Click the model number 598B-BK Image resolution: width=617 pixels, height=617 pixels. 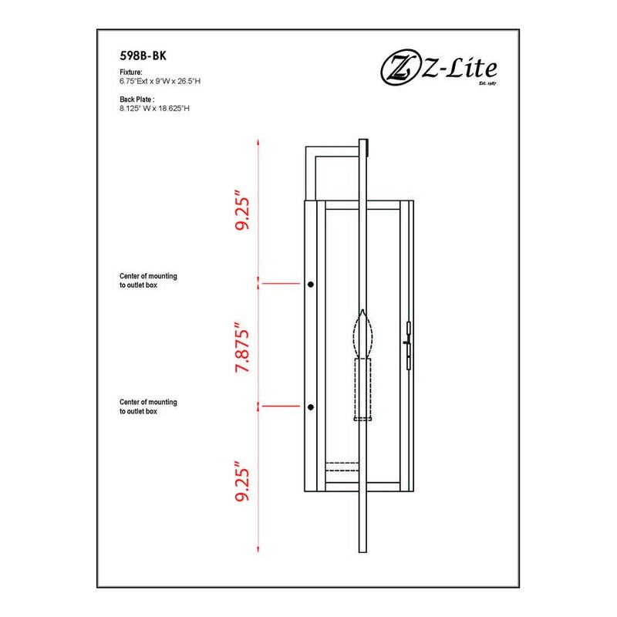click(x=143, y=56)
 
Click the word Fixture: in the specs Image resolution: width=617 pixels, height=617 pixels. click(x=131, y=72)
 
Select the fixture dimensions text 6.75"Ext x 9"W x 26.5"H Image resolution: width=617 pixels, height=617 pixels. click(x=160, y=82)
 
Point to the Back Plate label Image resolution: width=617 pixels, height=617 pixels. click(x=137, y=99)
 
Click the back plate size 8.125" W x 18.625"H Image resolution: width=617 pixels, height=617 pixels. click(x=155, y=109)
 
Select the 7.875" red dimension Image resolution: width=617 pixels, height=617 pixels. click(x=242, y=348)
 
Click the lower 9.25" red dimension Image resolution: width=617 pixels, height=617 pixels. click(x=242, y=481)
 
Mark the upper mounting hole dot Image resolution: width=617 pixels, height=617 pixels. click(x=311, y=284)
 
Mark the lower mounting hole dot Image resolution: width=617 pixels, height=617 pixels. click(x=311, y=407)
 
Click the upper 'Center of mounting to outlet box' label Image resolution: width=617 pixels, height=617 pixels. click(x=148, y=281)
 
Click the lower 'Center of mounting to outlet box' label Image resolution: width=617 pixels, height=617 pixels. click(x=148, y=406)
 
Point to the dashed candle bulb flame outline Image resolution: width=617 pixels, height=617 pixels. click(x=362, y=335)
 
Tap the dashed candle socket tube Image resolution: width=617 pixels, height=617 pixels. click(x=362, y=389)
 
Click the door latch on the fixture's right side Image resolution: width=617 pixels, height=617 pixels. click(x=408, y=346)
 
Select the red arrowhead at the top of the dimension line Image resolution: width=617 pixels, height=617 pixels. click(x=258, y=142)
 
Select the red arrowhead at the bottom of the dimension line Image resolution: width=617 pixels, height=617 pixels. click(x=258, y=549)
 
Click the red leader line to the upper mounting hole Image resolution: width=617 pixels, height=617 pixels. click(x=281, y=283)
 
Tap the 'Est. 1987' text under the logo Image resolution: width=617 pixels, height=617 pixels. click(x=487, y=83)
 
